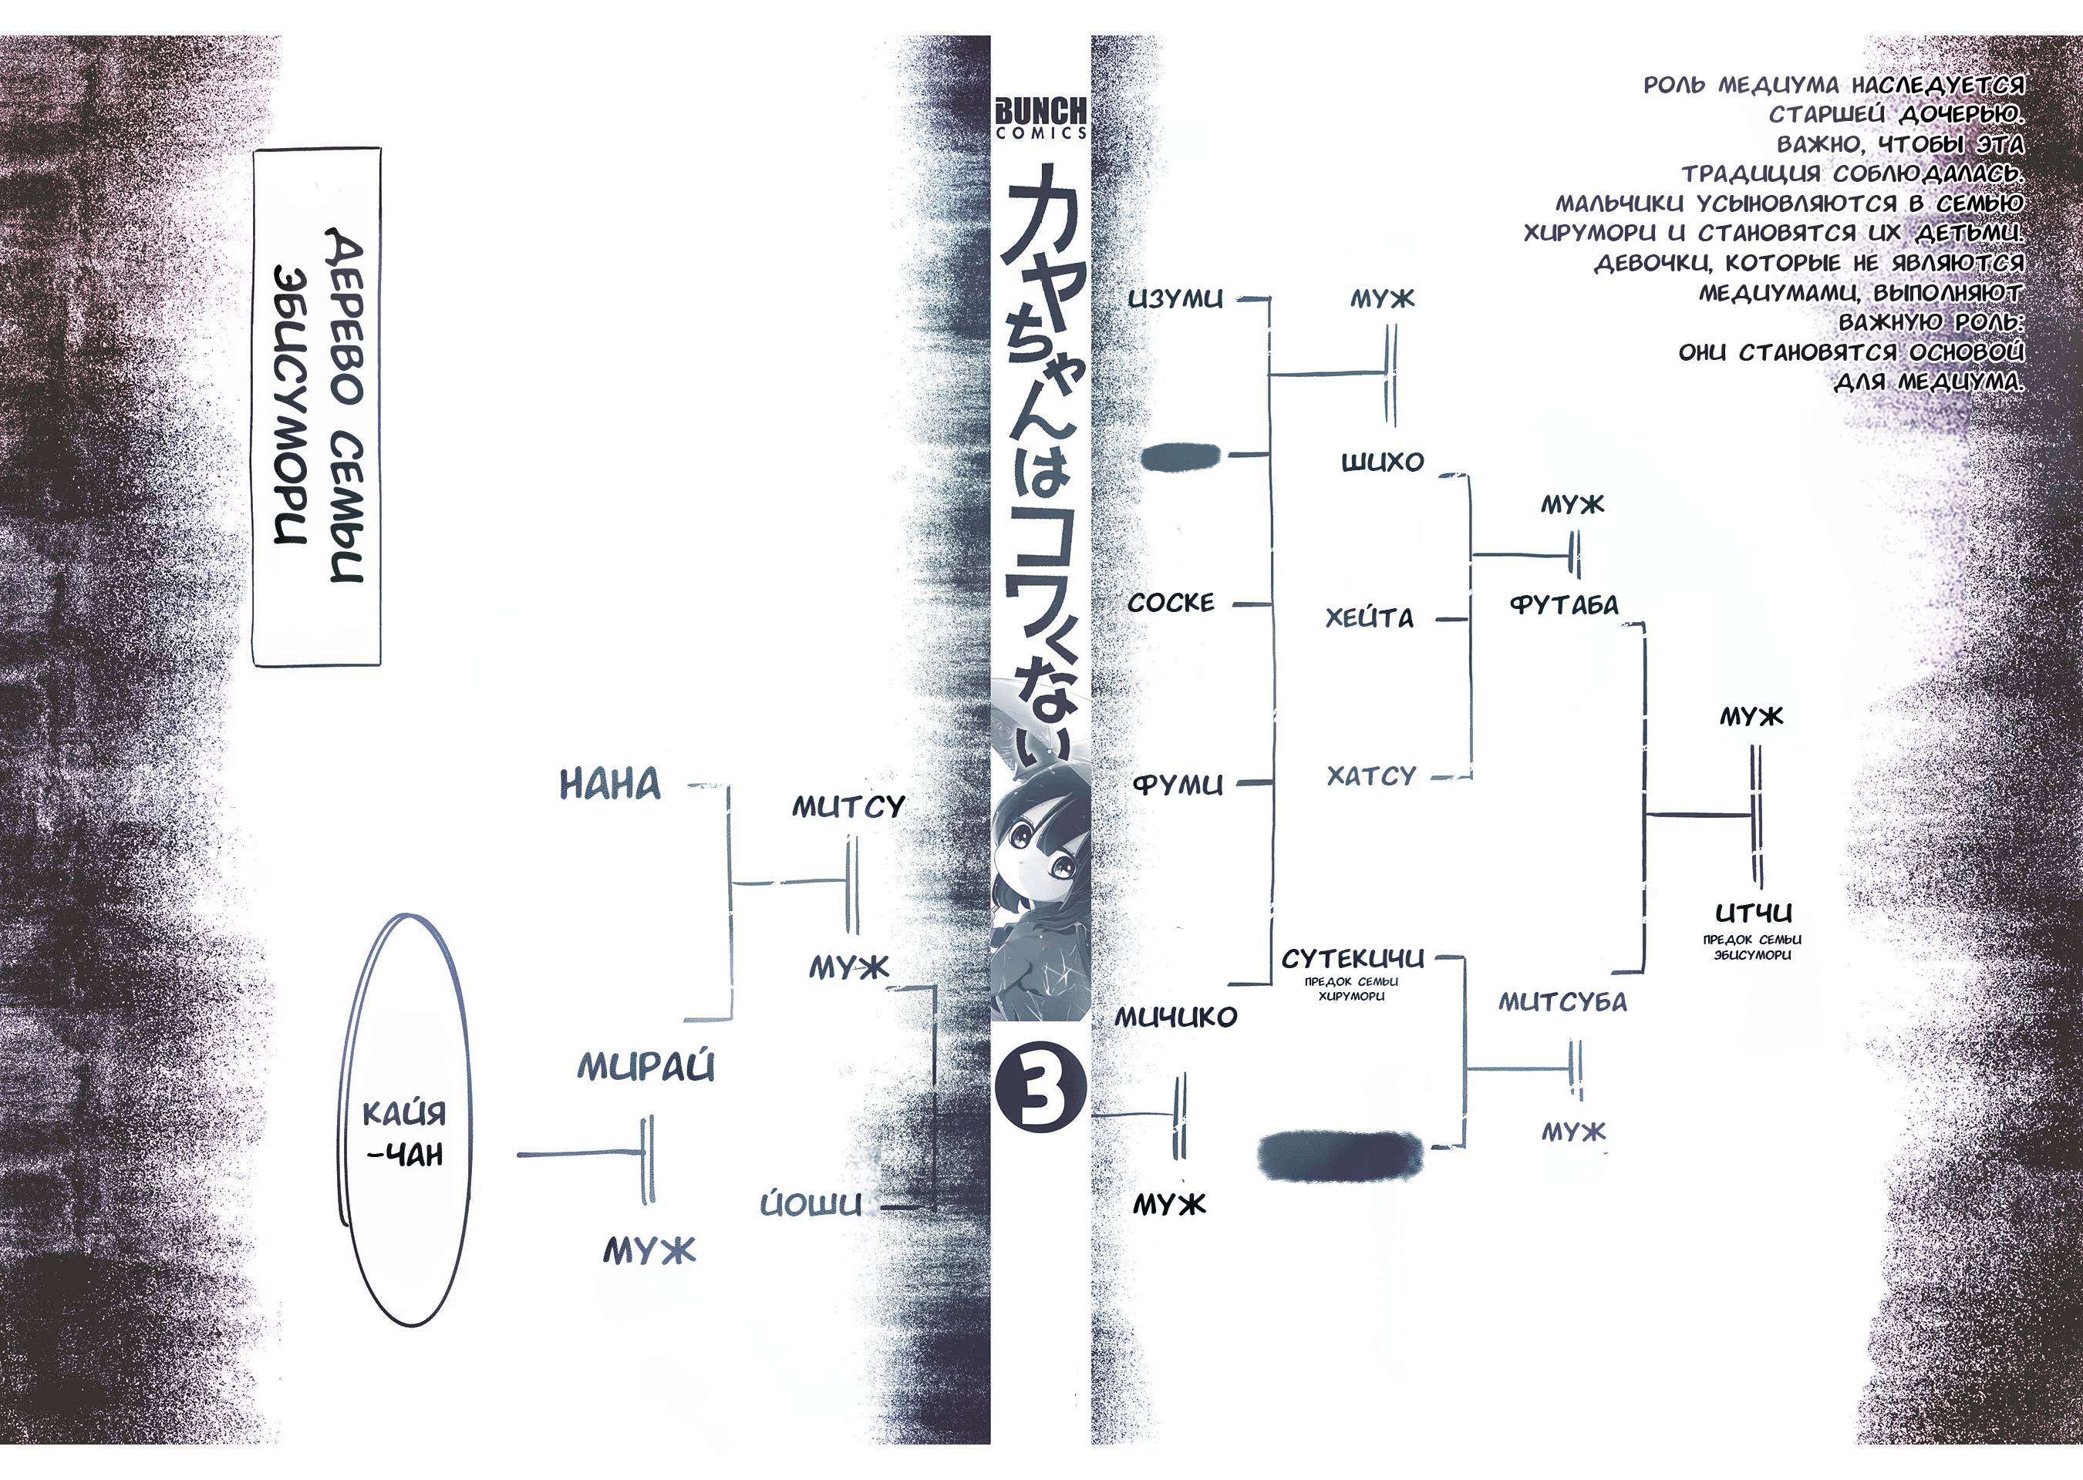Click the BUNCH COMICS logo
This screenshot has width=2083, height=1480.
pyautogui.click(x=1040, y=118)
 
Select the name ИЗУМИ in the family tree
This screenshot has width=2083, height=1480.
pyautogui.click(x=1175, y=299)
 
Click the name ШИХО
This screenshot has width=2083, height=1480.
pyautogui.click(x=1382, y=462)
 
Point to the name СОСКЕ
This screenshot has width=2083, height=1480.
pyautogui.click(x=1171, y=602)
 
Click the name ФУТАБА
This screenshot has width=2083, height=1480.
pyautogui.click(x=1564, y=605)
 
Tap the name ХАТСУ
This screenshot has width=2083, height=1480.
pyautogui.click(x=1371, y=776)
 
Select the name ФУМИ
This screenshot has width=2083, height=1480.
pyautogui.click(x=1177, y=785)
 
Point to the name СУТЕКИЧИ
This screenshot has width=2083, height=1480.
pyautogui.click(x=1352, y=959)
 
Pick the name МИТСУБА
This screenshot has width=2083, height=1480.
pyautogui.click(x=1562, y=1002)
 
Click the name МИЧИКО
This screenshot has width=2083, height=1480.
pyautogui.click(x=1176, y=1017)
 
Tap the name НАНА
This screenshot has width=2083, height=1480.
pyautogui.click(x=610, y=785)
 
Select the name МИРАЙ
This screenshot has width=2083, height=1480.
pyautogui.click(x=645, y=1067)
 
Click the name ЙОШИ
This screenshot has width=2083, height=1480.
pyautogui.click(x=811, y=1205)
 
